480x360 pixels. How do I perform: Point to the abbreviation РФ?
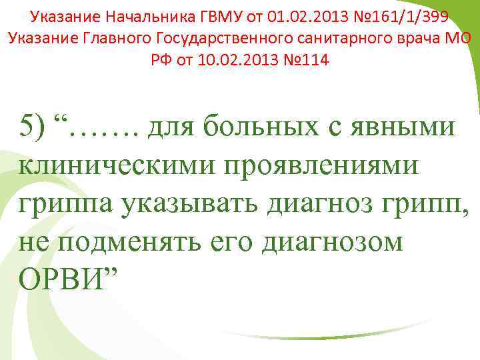(x=162, y=60)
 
